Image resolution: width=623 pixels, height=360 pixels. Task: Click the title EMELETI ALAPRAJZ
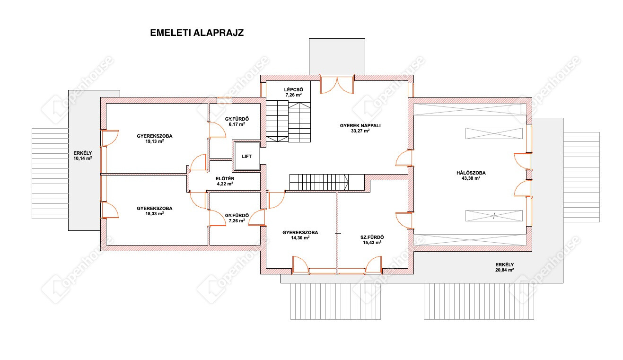click(197, 33)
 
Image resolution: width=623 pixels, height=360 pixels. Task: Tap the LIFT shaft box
click(247, 156)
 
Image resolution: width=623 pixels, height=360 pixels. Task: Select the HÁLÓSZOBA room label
click(471, 173)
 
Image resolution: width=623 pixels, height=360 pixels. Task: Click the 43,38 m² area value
click(471, 178)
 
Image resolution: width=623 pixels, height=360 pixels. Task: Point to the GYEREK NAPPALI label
click(360, 125)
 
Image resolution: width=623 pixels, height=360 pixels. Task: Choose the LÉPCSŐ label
click(293, 89)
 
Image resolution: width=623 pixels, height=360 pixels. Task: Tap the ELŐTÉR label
click(225, 179)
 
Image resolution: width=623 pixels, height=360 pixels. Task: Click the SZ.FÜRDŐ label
click(372, 237)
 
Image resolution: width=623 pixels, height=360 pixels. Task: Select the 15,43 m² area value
click(372, 243)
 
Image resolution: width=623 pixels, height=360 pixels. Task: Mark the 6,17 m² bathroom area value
click(237, 124)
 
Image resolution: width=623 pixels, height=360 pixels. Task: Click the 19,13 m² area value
click(154, 141)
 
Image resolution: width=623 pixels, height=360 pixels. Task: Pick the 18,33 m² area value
click(154, 214)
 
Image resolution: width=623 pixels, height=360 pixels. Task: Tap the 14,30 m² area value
click(300, 238)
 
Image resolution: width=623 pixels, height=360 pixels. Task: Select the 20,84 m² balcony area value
click(505, 270)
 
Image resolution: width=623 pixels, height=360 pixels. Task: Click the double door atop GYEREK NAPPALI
click(337, 85)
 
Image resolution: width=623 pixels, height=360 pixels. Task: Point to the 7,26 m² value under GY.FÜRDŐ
click(237, 221)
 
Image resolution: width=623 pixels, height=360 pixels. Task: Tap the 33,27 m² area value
click(360, 131)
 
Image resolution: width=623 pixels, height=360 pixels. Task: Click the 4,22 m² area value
click(225, 184)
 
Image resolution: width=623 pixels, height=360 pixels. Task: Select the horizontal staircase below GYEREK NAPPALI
click(319, 182)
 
